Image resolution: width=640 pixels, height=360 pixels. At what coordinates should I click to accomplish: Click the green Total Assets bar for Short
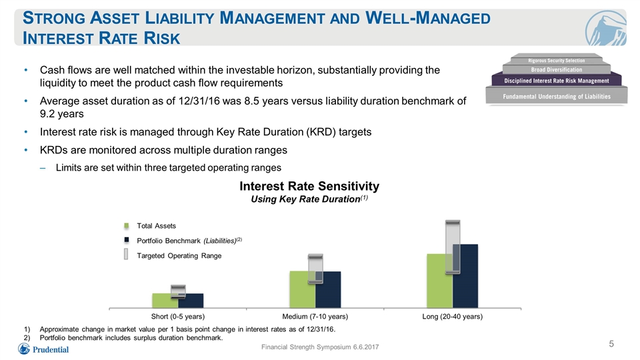[x=165, y=301]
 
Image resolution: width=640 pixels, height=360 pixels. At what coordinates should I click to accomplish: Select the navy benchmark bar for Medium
[x=328, y=289]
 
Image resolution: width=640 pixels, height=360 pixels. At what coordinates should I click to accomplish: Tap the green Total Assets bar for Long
[x=439, y=281]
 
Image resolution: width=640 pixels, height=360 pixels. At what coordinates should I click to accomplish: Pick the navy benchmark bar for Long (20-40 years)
[x=465, y=276]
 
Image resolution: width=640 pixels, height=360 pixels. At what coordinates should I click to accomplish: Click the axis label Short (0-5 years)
[x=178, y=316]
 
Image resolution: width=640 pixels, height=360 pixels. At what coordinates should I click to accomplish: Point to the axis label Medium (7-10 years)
[x=315, y=316]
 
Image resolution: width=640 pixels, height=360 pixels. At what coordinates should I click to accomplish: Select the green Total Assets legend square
[x=127, y=226]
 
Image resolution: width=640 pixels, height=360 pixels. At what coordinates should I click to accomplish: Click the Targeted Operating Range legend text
[x=179, y=255]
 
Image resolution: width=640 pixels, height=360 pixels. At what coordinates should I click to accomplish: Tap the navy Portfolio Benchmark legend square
[x=127, y=240]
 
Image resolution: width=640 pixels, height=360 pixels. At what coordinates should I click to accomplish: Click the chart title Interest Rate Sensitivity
[x=309, y=186]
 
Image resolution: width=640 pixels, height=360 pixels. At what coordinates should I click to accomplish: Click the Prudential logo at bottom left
[x=43, y=349]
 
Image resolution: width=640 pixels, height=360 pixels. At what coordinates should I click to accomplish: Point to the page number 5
[x=611, y=344]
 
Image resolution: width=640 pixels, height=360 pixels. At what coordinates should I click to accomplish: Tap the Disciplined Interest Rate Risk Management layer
[x=556, y=81]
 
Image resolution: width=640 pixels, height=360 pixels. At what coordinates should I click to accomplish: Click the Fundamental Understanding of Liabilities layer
[x=557, y=96]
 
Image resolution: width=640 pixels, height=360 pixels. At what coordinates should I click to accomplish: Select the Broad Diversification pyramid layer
[x=556, y=69]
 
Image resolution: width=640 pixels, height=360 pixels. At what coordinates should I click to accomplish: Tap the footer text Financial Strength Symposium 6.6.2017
[x=320, y=347]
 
